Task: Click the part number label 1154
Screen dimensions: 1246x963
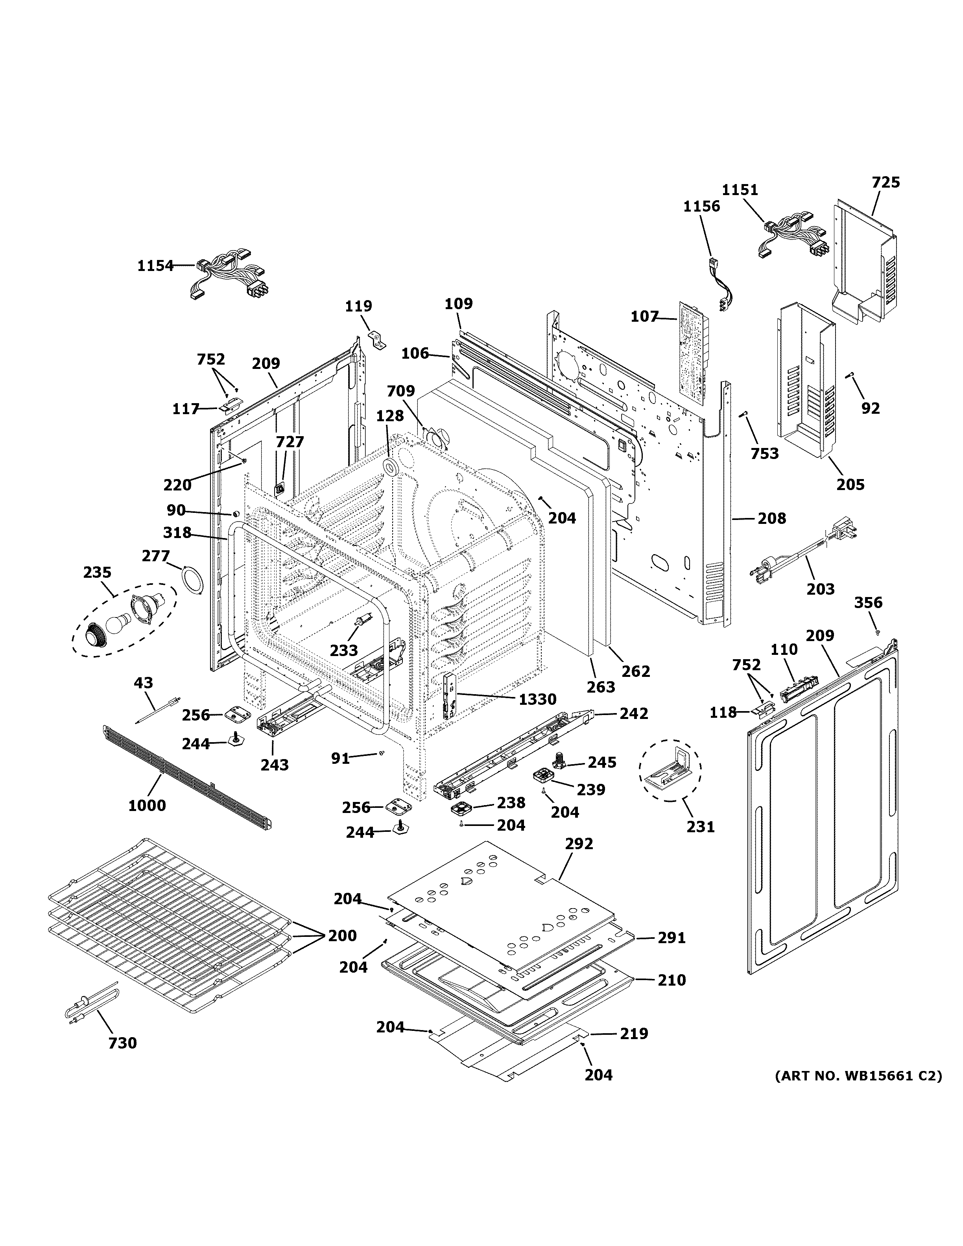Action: (155, 265)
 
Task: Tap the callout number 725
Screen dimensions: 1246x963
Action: (886, 182)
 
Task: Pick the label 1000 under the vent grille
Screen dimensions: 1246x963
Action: (147, 805)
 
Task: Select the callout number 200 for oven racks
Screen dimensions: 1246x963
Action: (342, 936)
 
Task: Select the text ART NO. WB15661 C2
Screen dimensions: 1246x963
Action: (858, 1076)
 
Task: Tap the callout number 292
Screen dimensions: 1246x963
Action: (579, 844)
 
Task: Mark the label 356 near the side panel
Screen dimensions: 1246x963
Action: (868, 603)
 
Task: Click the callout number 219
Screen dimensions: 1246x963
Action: (634, 1033)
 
